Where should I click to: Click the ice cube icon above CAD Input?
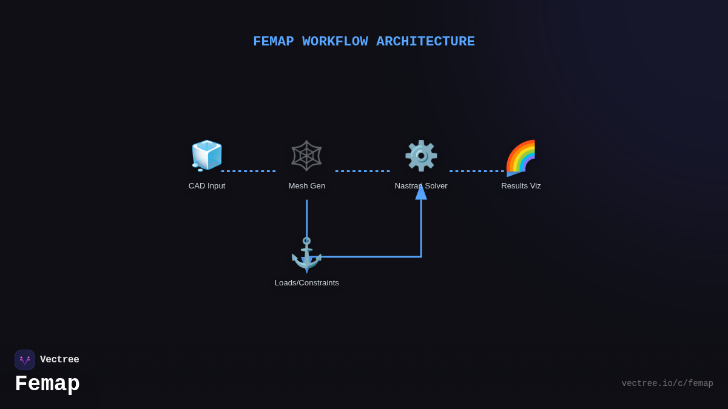click(207, 156)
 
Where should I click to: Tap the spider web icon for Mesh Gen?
click(306, 156)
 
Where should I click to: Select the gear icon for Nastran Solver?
click(421, 156)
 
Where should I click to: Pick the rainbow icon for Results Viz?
click(521, 156)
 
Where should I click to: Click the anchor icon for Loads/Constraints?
click(306, 253)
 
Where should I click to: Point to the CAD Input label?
click(207, 186)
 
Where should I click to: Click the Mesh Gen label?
click(307, 186)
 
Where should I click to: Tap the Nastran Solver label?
click(421, 186)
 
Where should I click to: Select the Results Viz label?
click(521, 186)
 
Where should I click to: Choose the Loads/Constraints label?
click(307, 283)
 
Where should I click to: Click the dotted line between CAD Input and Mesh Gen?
click(249, 171)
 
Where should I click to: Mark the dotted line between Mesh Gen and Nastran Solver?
click(363, 171)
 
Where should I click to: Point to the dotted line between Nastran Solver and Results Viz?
click(477, 171)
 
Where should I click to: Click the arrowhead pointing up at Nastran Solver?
click(421, 192)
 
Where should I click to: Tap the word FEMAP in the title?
click(273, 42)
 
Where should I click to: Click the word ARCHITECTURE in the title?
click(425, 42)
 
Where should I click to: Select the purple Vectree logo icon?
click(25, 360)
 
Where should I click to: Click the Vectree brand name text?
click(59, 360)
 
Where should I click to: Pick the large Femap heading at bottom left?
click(47, 384)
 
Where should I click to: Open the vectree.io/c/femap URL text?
click(667, 384)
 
